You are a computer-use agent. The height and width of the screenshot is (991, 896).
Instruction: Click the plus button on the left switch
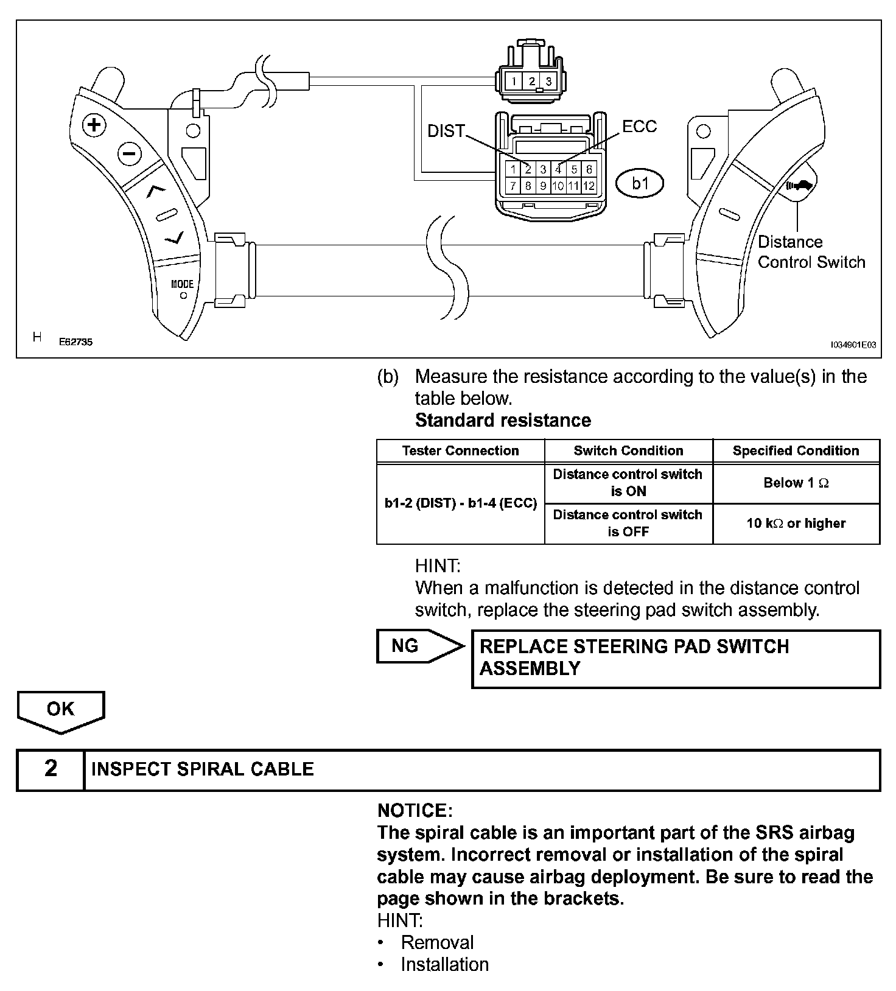(94, 126)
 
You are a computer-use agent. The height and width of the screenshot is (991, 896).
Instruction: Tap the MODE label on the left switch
(182, 284)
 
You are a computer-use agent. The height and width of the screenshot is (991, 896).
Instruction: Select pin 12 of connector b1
(589, 186)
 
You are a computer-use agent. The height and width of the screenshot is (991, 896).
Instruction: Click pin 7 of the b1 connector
(514, 186)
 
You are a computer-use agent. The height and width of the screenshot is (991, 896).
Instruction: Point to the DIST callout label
(446, 131)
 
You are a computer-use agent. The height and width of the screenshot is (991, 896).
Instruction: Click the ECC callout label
(640, 126)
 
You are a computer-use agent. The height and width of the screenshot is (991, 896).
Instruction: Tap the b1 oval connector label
(640, 183)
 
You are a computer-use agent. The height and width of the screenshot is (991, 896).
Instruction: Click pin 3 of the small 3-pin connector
(548, 81)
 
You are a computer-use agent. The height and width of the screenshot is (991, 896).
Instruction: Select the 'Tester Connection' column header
(460, 451)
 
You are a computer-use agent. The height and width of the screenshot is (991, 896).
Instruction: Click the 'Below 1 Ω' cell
(796, 483)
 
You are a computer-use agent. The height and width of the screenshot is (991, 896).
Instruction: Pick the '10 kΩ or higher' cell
(796, 524)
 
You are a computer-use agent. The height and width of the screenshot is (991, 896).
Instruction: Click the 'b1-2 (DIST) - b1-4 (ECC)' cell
(460, 503)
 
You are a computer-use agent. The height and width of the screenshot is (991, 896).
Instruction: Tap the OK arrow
(61, 710)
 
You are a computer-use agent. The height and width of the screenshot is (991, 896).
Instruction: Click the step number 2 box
(51, 769)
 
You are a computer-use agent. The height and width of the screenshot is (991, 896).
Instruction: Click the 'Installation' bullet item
(444, 965)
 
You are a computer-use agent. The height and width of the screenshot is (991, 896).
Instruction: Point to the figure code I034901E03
(853, 345)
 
